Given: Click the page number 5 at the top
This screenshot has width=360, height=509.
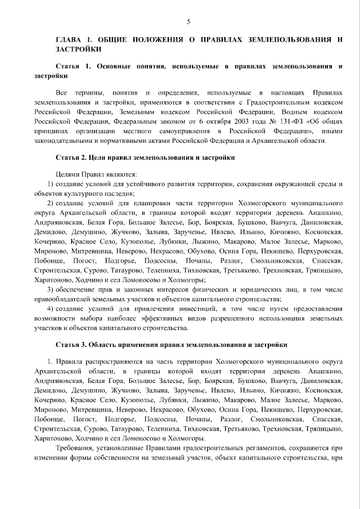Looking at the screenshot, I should (188, 21).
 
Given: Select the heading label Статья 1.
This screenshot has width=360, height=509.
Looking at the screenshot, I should (74, 66).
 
